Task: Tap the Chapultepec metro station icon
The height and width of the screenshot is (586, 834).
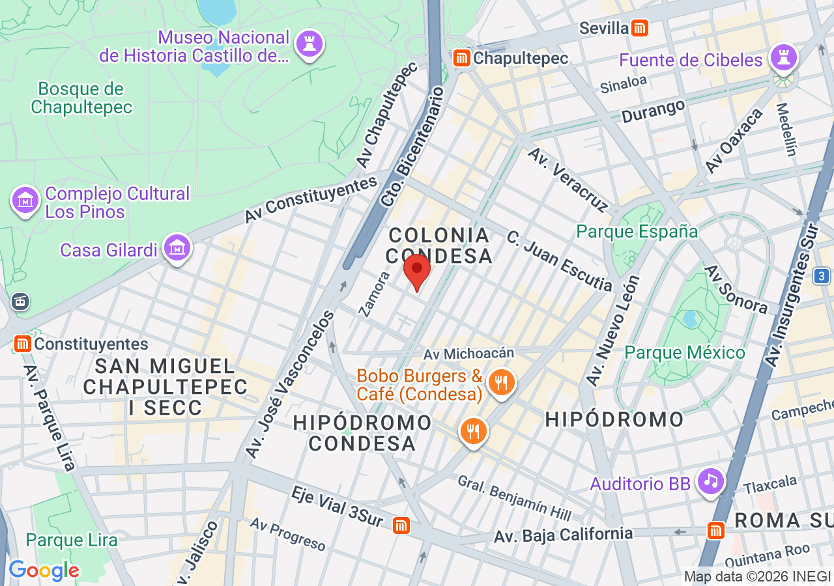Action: (x=463, y=58)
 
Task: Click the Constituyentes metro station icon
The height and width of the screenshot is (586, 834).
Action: (x=23, y=343)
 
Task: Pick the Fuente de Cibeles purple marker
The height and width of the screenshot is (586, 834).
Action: (x=784, y=58)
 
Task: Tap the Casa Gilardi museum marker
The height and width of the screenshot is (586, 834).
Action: (x=177, y=248)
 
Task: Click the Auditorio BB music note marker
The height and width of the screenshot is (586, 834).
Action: (x=711, y=481)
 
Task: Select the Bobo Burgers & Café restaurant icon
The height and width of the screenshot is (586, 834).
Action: (x=501, y=382)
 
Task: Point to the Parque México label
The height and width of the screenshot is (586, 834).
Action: (x=684, y=353)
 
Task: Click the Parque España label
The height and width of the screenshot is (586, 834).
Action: (x=637, y=232)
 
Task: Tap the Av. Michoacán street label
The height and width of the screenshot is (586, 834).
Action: (x=468, y=354)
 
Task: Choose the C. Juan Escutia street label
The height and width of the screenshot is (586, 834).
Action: (x=559, y=260)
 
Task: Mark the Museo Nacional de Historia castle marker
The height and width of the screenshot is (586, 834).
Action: (x=309, y=44)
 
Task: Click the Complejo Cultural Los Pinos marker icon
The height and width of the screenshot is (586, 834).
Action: (x=25, y=201)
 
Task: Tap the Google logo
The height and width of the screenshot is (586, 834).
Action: (x=44, y=570)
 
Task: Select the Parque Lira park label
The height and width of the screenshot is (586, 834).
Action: (x=72, y=540)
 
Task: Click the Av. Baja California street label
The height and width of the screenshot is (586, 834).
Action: (x=563, y=535)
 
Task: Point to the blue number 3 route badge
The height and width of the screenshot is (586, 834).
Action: (x=822, y=276)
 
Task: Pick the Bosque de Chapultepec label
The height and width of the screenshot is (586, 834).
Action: (x=81, y=98)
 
